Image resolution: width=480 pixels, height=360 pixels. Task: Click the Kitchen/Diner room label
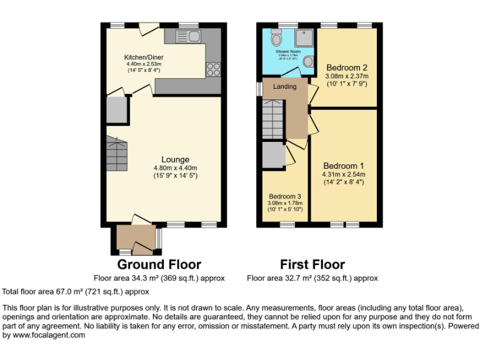[144, 57]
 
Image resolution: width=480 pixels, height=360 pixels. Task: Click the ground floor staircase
[117, 154]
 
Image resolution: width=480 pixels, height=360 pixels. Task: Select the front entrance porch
[135, 239]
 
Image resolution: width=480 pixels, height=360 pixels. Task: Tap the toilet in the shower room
[276, 38]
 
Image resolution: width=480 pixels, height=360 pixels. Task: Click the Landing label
[284, 86]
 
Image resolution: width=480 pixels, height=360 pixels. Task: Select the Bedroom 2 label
[346, 67]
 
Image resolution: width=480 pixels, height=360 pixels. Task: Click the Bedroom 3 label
[285, 196]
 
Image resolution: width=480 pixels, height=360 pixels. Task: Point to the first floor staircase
[273, 119]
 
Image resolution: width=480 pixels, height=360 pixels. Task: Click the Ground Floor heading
[159, 264]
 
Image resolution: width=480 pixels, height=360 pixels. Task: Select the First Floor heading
[312, 264]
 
